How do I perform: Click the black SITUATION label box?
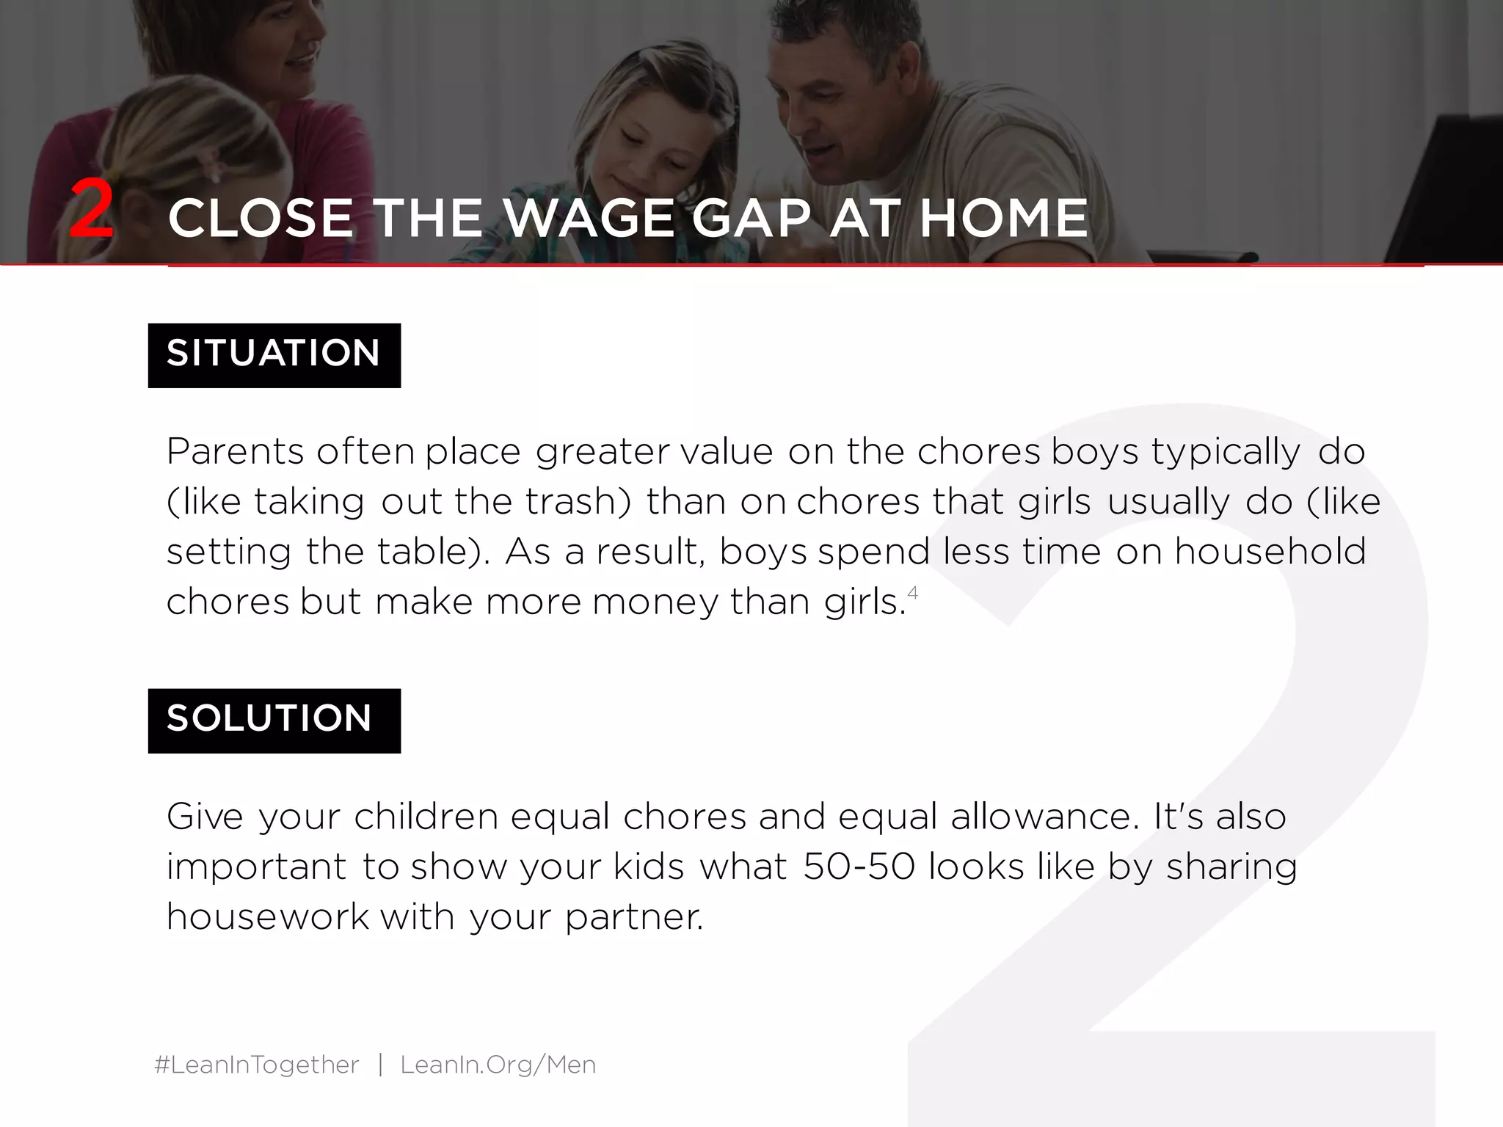[x=274, y=354]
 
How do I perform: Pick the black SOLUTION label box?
[x=274, y=720]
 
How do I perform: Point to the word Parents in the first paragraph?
[x=235, y=451]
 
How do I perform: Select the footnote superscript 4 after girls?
[x=913, y=592]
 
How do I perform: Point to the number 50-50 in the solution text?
[x=859, y=867]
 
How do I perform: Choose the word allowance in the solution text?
[x=1041, y=817]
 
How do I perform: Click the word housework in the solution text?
[x=267, y=917]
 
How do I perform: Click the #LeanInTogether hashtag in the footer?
[x=257, y=1065]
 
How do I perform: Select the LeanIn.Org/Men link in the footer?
[x=498, y=1065]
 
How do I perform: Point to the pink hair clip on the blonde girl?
[x=211, y=164]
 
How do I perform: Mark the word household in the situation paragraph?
[x=1270, y=552]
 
